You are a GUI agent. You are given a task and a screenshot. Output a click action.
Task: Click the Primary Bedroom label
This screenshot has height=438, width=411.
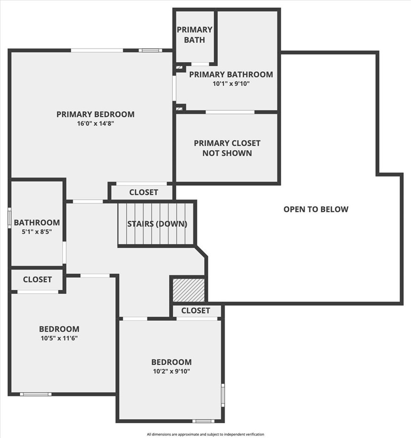pos(95,114)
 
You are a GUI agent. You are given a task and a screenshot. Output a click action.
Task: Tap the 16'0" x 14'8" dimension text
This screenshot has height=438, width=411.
pos(95,124)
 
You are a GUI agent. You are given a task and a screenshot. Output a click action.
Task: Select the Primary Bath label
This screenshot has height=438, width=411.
pos(194,34)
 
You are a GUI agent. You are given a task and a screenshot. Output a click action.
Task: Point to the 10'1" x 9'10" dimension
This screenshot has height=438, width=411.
pos(231,83)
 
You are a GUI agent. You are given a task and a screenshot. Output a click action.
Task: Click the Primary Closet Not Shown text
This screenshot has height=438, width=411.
pos(227,148)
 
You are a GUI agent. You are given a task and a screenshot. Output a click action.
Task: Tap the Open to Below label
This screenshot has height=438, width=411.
pos(316,209)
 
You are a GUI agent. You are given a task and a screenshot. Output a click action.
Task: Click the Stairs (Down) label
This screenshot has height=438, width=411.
pos(157,224)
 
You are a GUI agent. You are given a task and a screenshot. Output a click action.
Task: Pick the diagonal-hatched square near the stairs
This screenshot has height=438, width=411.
pos(188,290)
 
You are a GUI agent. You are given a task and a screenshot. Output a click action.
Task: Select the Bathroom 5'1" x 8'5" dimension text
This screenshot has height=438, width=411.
pos(37,232)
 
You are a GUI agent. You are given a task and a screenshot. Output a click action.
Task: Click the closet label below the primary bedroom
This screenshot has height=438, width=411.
pos(144,192)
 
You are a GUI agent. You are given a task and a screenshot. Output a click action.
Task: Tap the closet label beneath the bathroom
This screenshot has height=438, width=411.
pos(37,280)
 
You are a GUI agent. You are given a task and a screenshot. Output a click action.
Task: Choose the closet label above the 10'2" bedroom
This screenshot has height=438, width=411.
pos(195,310)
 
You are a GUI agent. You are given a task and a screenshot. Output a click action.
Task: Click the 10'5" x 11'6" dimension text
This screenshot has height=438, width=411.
pos(59,338)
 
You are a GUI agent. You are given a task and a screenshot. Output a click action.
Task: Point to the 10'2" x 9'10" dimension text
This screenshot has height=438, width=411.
pos(171,371)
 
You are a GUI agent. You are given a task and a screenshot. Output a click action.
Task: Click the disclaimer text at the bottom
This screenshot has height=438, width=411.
pos(205,434)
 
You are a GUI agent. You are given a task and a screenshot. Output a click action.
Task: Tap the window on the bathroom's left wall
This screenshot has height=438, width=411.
pos(9,218)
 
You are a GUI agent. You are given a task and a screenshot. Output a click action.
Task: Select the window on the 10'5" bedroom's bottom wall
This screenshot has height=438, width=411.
pos(36,394)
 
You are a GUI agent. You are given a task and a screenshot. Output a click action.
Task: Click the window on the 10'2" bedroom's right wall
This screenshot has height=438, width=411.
pos(223,395)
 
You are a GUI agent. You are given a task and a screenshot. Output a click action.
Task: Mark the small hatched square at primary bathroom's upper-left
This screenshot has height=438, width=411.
pos(179,67)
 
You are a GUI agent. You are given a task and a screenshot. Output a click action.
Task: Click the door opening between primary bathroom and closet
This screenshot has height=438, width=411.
pos(230,112)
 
